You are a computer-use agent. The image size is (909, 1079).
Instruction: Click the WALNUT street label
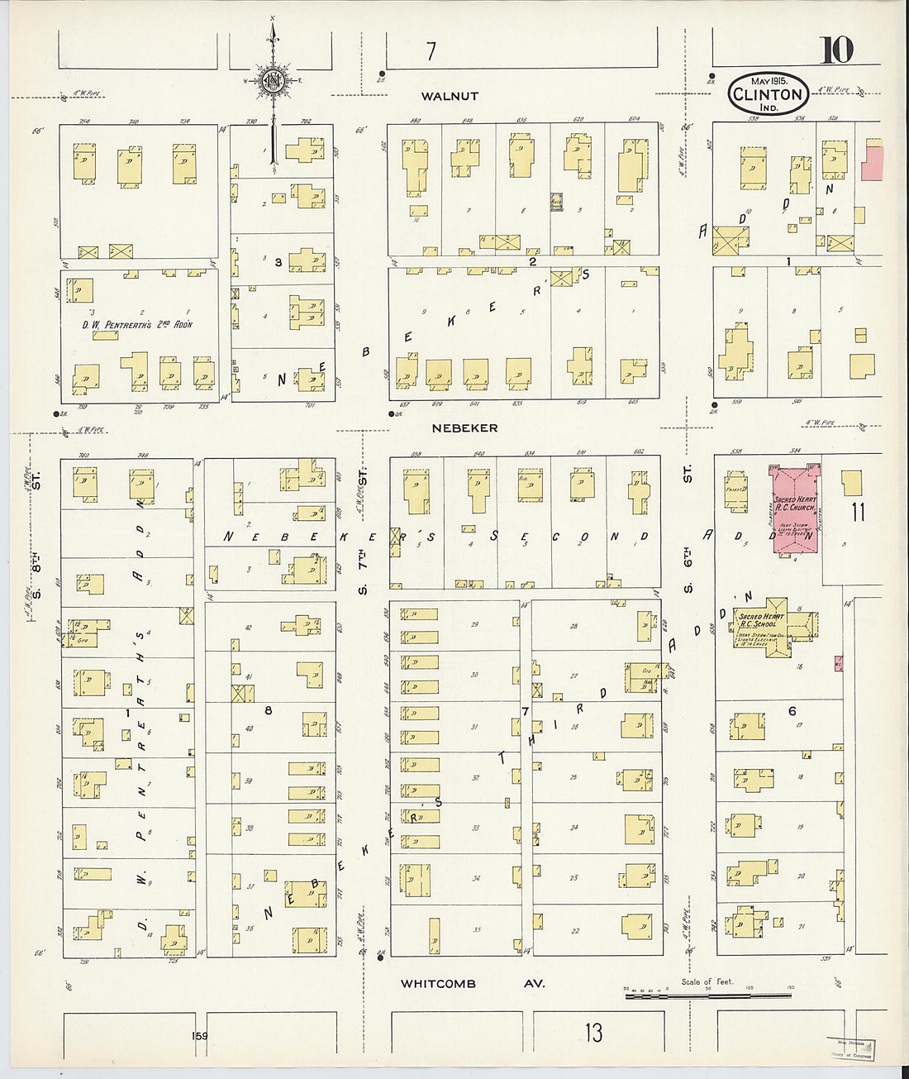click(450, 96)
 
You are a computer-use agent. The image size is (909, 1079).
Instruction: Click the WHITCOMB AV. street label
click(473, 984)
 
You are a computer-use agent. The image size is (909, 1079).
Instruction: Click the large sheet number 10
click(835, 51)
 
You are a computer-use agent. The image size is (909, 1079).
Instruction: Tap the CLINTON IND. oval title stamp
click(769, 93)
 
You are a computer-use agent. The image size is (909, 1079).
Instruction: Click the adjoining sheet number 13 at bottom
click(593, 1032)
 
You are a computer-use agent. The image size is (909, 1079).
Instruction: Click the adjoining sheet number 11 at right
click(858, 512)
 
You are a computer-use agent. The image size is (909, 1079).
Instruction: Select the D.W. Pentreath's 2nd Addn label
click(136, 324)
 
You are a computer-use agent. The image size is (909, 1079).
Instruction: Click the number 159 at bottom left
click(199, 1036)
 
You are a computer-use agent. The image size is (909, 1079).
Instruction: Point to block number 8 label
click(268, 709)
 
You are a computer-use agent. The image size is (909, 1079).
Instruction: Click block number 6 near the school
click(792, 711)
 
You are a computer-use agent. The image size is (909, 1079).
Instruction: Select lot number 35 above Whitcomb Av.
click(477, 929)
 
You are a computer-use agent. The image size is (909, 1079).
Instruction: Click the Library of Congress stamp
click(851, 1048)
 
